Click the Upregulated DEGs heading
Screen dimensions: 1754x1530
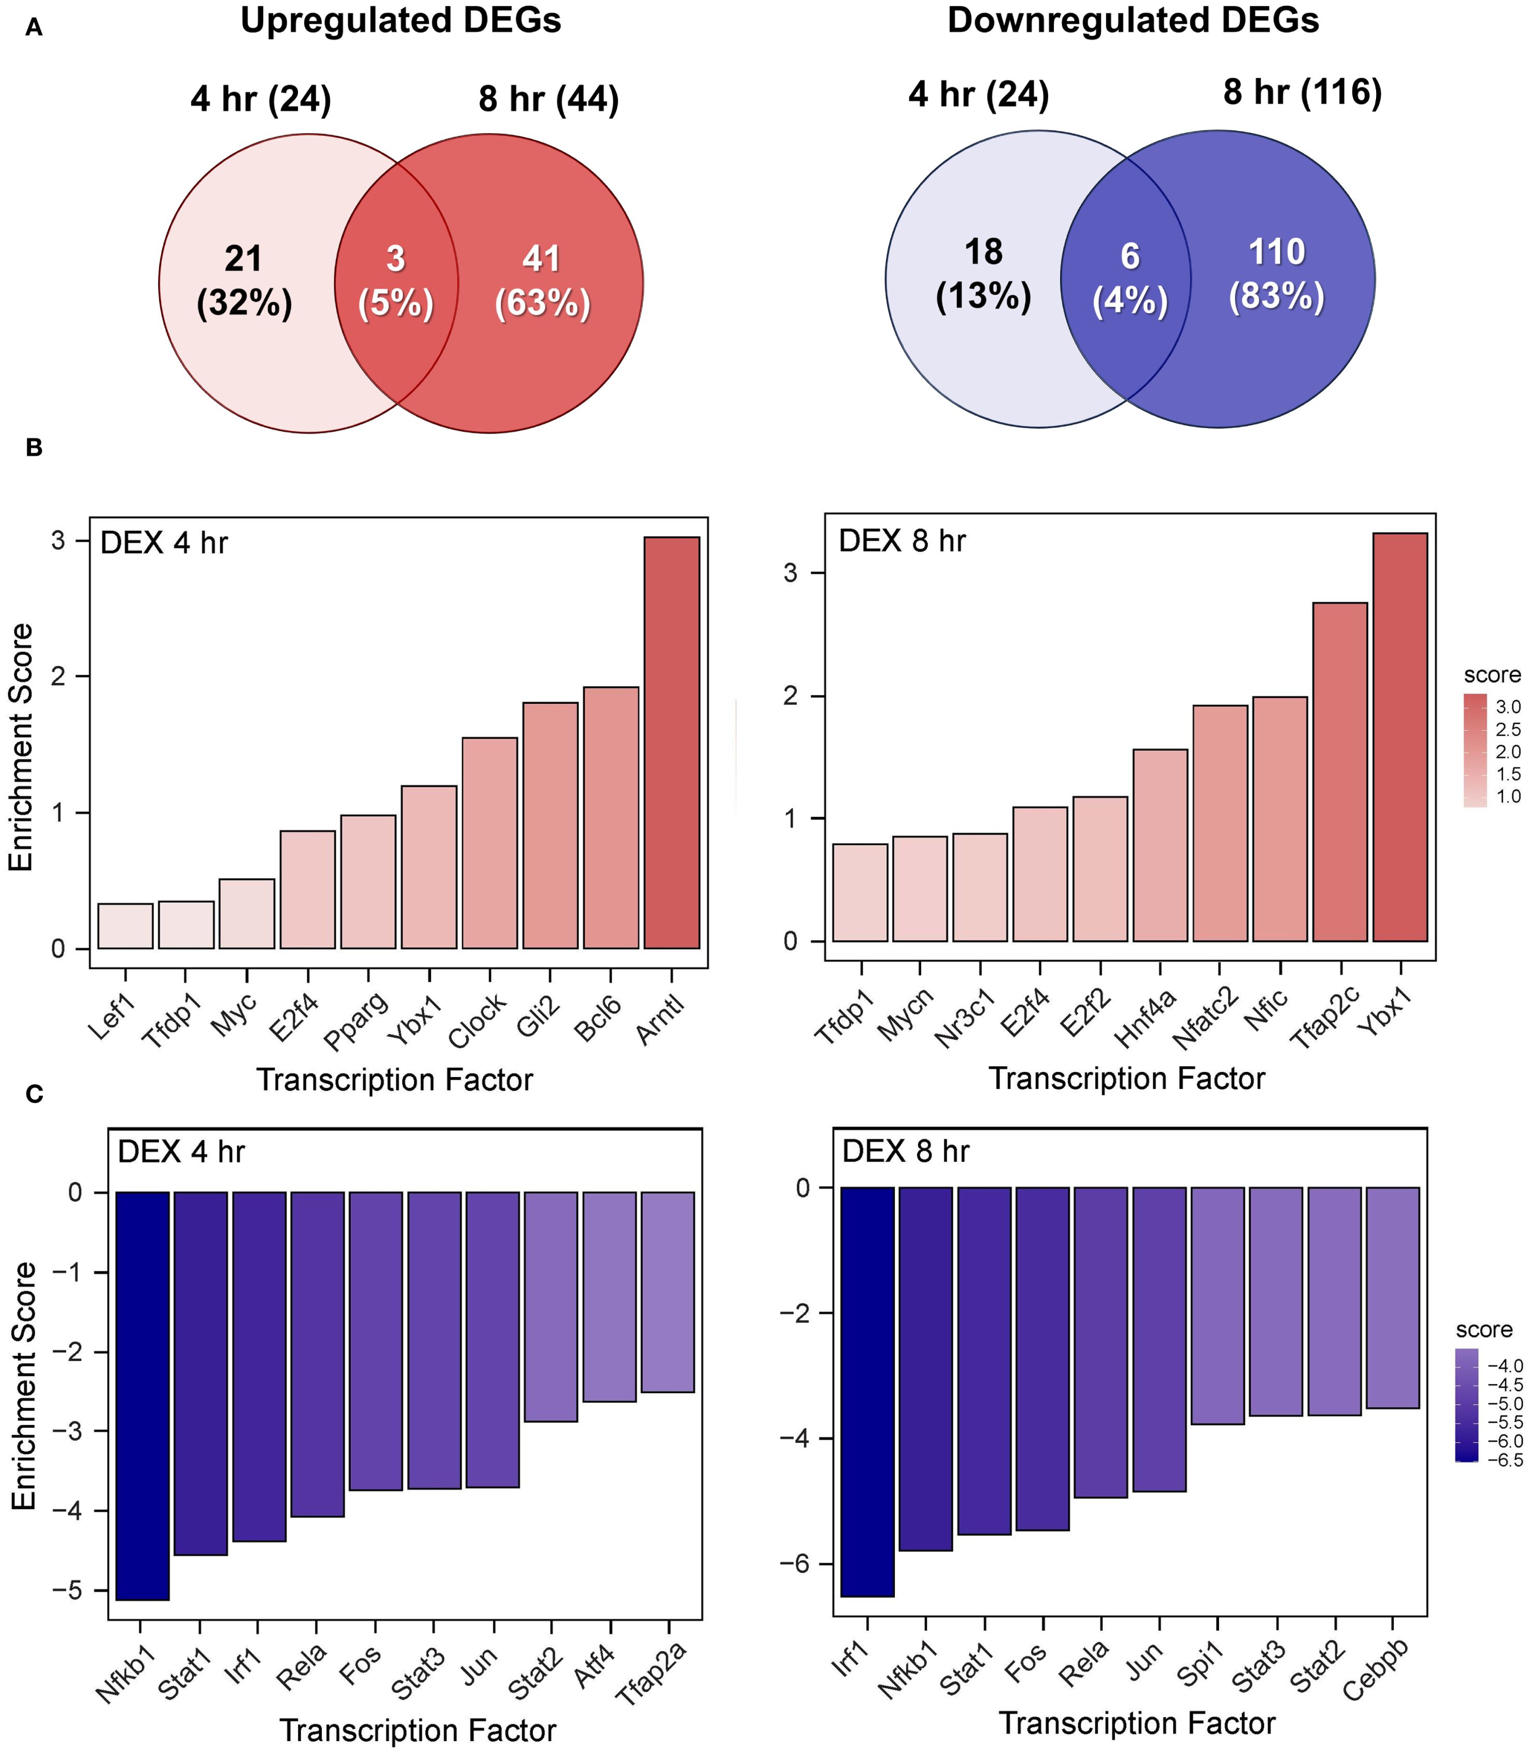point(401,21)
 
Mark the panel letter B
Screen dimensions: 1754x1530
point(34,447)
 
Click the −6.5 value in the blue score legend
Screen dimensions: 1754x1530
point(1505,1460)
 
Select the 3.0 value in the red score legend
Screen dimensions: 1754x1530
point(1508,707)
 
